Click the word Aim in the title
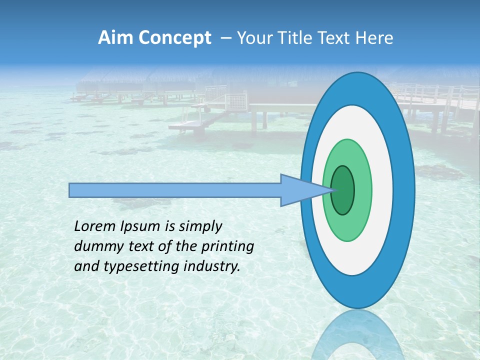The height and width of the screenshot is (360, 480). click(114, 38)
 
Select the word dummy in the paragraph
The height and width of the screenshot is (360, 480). click(98, 246)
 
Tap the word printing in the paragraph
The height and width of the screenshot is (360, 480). click(227, 247)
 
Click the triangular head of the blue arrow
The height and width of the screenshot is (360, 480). click(297, 190)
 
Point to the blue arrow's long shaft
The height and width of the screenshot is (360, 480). click(175, 190)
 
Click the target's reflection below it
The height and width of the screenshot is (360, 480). click(357, 335)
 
